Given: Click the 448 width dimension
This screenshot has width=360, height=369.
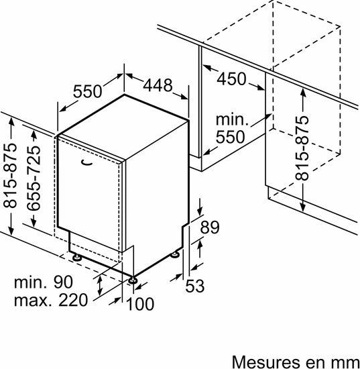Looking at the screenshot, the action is point(158,85).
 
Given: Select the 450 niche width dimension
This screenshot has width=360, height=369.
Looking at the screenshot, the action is point(231,79).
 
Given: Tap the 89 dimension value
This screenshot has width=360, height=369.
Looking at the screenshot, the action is point(210,227).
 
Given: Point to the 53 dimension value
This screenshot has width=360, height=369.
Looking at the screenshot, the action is point(194,286).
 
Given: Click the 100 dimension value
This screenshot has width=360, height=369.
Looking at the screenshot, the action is point(140,304).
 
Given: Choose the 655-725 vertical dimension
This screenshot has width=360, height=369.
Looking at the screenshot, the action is point(34,178).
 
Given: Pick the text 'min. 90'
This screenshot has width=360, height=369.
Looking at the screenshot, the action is point(44,282).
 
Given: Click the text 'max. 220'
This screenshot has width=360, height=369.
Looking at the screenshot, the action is point(51,300).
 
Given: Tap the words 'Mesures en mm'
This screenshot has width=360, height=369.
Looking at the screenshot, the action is point(296,361).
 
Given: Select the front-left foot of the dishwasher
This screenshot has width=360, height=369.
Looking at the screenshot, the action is point(76,257).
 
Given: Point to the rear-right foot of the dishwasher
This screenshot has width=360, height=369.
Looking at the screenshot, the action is point(175,254).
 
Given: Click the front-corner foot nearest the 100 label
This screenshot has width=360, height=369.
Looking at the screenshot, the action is point(133,280).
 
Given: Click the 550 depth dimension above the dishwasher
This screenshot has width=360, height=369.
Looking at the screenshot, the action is point(87,91).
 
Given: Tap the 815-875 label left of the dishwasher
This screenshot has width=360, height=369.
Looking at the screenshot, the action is point(10,175).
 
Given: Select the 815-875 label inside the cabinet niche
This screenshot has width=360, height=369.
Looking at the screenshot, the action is point(302,148).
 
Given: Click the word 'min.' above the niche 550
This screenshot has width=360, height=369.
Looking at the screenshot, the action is point(232,119).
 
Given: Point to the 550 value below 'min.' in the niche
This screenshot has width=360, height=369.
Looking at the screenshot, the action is point(230,137).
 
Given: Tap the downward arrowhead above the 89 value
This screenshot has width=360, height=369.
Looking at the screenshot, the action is point(200,211).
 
